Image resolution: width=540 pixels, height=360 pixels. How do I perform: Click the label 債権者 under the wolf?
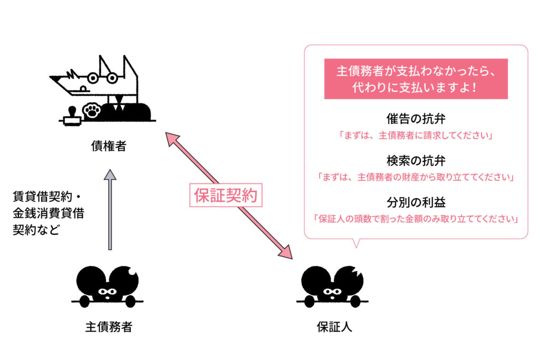(109, 146)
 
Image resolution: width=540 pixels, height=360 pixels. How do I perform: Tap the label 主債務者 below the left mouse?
(109, 327)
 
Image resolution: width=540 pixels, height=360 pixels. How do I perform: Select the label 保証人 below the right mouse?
(334, 327)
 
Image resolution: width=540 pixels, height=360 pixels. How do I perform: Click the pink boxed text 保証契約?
(226, 195)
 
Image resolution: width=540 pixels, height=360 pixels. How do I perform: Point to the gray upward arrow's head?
(110, 174)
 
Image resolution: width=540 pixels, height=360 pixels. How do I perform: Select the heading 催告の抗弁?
(416, 119)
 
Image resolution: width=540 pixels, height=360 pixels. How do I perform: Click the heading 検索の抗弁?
(416, 160)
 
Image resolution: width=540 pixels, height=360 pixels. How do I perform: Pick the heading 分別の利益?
(416, 202)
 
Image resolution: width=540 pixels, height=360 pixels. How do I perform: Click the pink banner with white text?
(416, 79)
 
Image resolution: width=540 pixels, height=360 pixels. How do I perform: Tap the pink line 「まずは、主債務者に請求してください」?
(416, 135)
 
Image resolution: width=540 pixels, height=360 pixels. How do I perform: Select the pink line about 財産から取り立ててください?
(416, 177)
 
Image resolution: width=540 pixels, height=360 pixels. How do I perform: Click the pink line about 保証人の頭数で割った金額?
(416, 219)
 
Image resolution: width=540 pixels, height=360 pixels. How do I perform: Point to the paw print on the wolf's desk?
(92, 111)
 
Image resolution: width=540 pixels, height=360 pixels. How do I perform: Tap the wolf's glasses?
(102, 78)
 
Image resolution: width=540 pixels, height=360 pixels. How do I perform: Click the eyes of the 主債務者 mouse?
(108, 292)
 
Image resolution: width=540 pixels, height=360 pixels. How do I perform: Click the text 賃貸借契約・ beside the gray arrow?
(47, 197)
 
